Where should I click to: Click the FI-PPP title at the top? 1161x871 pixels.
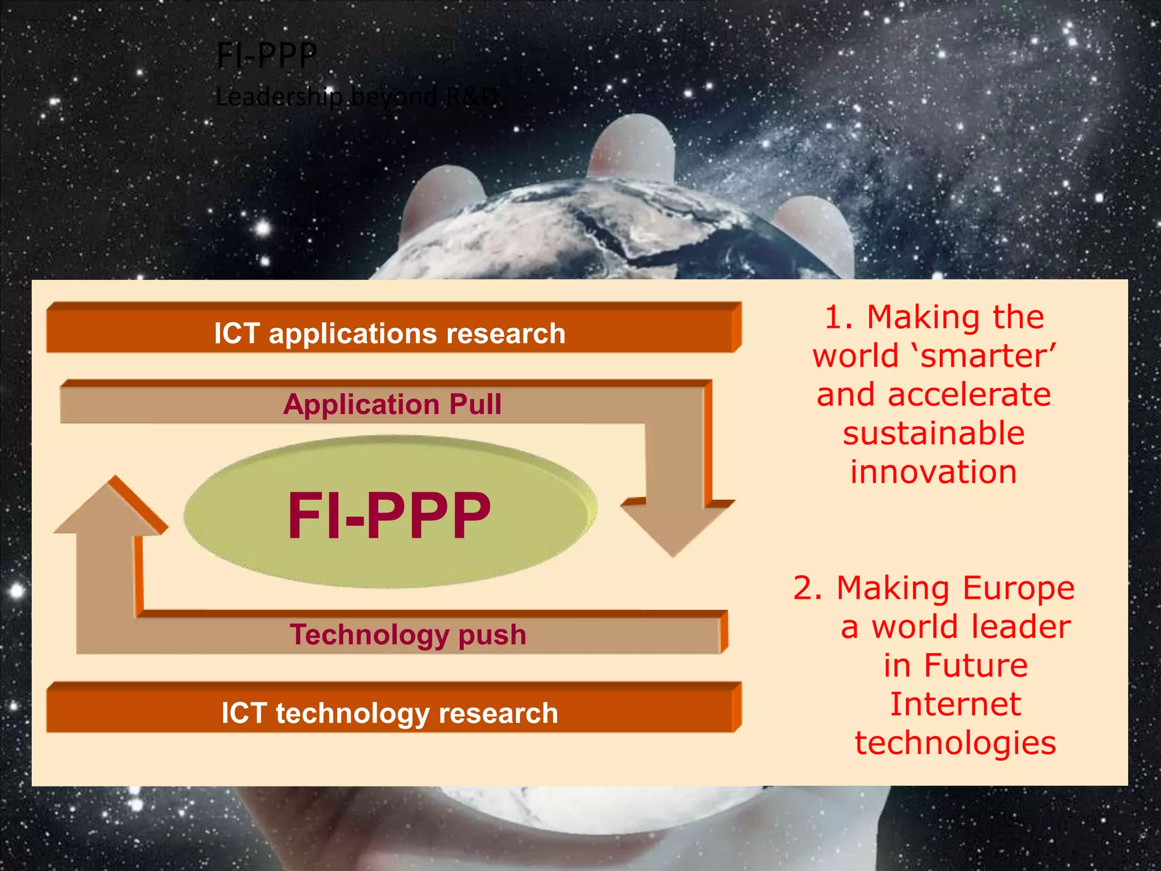(x=266, y=56)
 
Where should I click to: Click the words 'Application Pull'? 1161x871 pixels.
(x=392, y=404)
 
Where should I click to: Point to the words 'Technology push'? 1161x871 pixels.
(x=408, y=634)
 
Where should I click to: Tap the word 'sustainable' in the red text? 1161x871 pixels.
(x=934, y=433)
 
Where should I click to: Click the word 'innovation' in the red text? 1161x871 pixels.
(x=934, y=472)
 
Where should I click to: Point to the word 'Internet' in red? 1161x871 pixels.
(x=955, y=704)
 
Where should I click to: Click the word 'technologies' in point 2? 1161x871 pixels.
(x=955, y=743)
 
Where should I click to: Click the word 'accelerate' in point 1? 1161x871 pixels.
(x=969, y=395)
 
